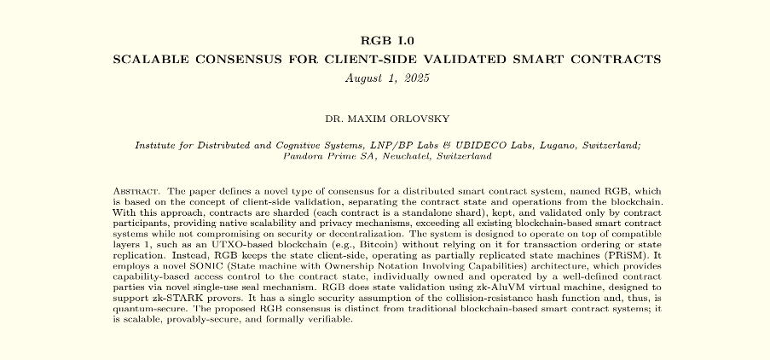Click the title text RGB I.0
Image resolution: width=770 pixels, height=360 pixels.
pos(385,41)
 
